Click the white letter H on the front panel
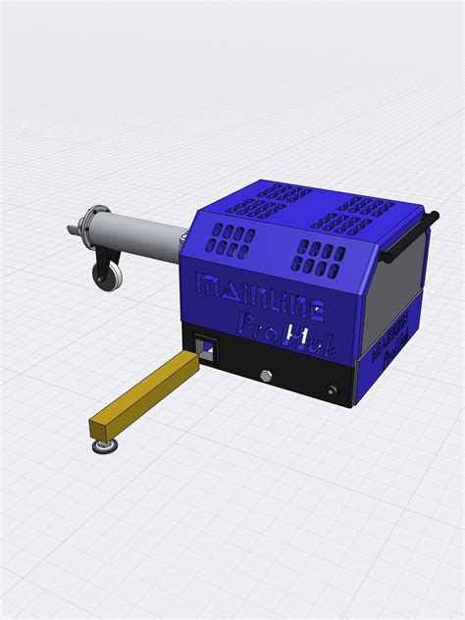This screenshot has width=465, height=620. tap(296, 338)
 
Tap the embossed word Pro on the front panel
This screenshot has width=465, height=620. tap(257, 331)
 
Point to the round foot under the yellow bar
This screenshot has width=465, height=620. tap(103, 447)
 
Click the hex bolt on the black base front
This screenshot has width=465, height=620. tap(266, 376)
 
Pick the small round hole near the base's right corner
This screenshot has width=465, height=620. tap(340, 391)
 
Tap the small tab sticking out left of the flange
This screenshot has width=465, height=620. tap(68, 229)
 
